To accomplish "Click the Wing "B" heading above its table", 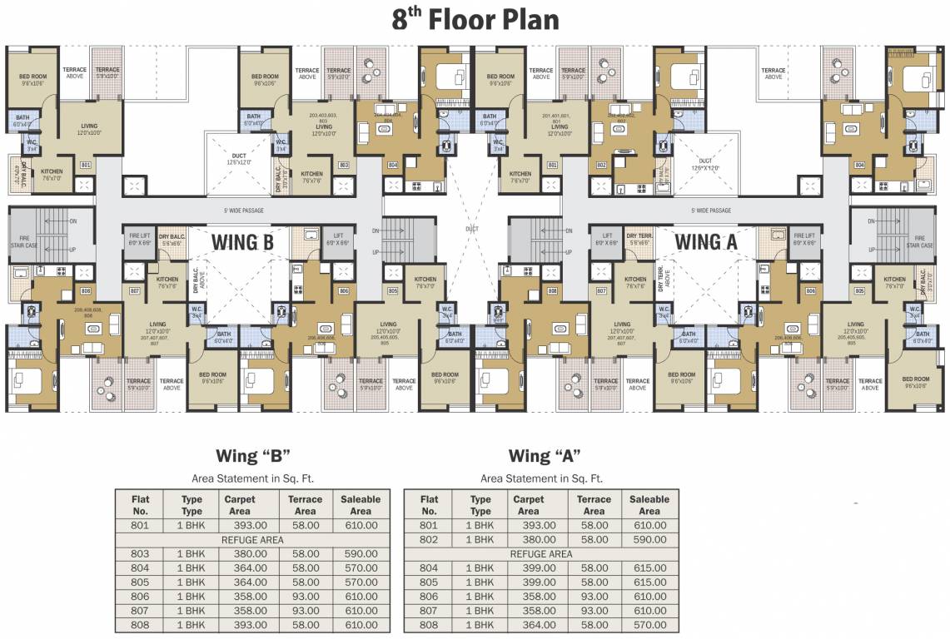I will (x=252, y=456).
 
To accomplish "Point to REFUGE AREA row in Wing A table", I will (x=540, y=553).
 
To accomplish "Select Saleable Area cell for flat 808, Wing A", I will (x=649, y=624).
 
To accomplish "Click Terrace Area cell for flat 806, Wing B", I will (x=306, y=596).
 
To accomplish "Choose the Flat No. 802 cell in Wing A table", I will (x=428, y=539).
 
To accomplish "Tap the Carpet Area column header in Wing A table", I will (x=529, y=505).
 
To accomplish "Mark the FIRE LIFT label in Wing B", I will (x=139, y=239).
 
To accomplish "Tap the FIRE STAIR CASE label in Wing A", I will (x=919, y=242).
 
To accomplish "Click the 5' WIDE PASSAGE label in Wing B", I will (x=243, y=211).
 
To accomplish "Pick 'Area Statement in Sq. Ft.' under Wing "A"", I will (x=541, y=478).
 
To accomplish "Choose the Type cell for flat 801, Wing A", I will (x=480, y=525).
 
